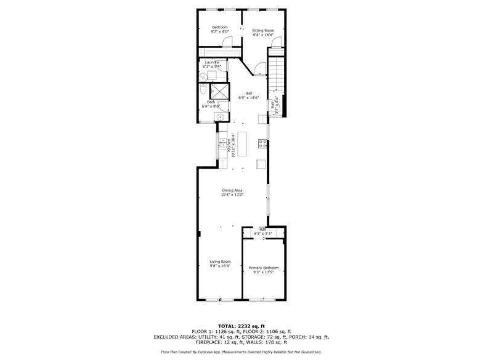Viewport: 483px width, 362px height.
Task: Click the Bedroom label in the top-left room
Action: tap(220, 27)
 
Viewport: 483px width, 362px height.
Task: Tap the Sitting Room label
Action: tap(263, 30)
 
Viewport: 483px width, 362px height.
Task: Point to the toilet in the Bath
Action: tap(203, 91)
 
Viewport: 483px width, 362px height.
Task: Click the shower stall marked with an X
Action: tap(219, 90)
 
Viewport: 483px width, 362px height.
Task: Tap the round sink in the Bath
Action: tap(219, 116)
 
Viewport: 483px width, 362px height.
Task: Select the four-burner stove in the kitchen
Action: tap(263, 145)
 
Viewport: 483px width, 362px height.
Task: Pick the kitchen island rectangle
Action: tap(243, 144)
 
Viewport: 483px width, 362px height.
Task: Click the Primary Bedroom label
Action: tap(264, 268)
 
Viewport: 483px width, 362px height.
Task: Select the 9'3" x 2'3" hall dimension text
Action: tap(263, 234)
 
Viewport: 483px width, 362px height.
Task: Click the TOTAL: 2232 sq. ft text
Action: tap(241, 326)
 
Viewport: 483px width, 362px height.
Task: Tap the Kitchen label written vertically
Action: tap(229, 145)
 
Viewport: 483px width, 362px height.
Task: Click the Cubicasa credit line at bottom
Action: tap(241, 352)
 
